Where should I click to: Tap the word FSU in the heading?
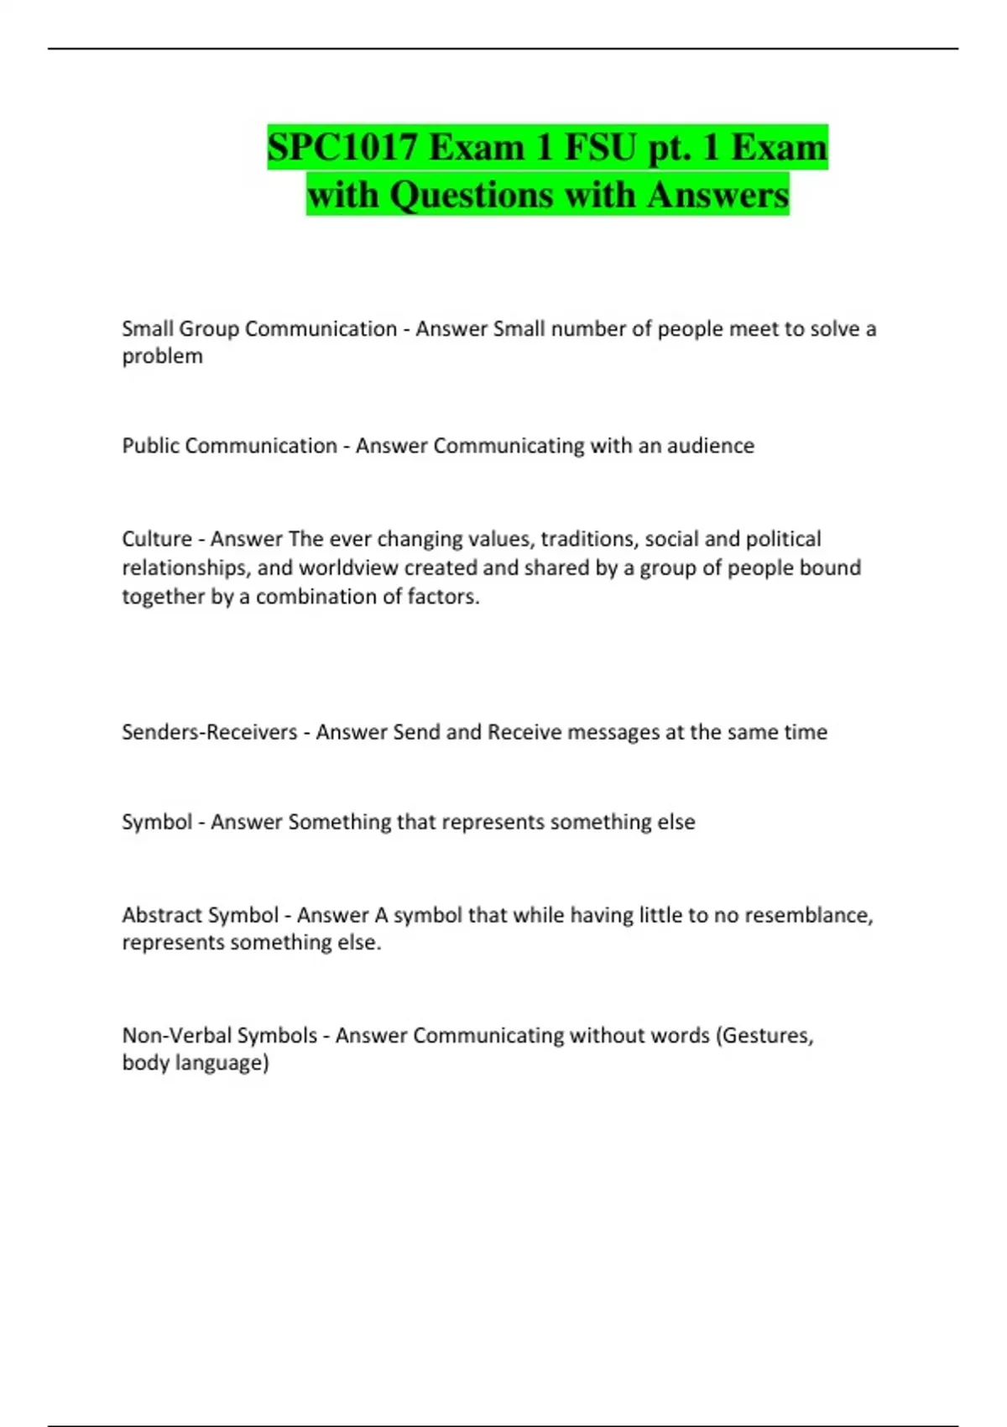[x=600, y=148]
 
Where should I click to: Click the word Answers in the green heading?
[x=717, y=195]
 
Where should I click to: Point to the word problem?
[x=162, y=357]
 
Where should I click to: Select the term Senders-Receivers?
[x=209, y=732]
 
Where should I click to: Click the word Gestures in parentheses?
[x=767, y=1036]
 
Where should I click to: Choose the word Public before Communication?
[x=150, y=446]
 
